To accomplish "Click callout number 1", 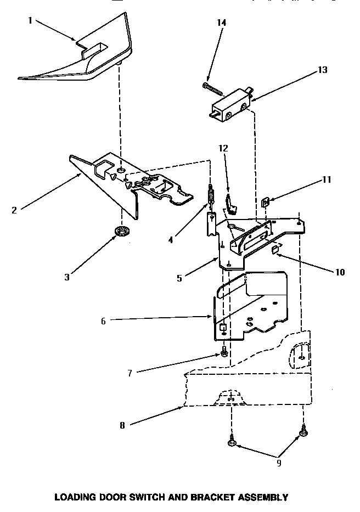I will pos(30,21).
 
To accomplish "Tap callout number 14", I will pos(222,23).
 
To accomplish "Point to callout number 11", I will pos(327,179).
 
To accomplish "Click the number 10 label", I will pos(340,272).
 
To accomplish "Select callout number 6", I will pos(103,321).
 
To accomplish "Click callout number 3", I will pos(67,277).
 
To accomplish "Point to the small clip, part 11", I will pos(265,202).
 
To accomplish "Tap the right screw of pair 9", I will pos(302,435).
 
